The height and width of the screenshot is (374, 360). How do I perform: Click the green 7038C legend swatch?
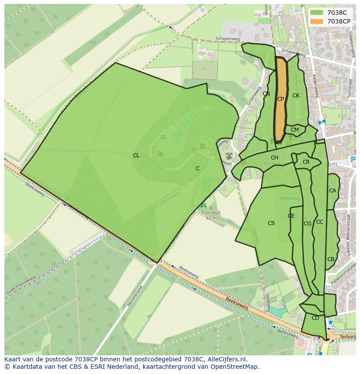[317, 13]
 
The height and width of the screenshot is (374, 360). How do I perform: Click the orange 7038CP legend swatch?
[317, 21]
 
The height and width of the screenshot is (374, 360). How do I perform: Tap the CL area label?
[136, 156]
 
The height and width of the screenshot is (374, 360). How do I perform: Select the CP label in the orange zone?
[280, 99]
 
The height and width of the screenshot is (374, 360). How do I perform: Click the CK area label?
[296, 96]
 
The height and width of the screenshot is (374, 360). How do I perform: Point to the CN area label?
[266, 94]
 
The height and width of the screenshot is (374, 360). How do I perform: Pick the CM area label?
[295, 130]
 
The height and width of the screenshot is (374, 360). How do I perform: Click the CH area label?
[274, 158]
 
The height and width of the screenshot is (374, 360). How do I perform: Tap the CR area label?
[306, 162]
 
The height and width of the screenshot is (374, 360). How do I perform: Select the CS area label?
[271, 223]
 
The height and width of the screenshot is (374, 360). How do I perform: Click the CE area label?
[291, 216]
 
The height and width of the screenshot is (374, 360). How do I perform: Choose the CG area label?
[307, 224]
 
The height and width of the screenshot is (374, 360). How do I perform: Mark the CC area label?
[320, 222]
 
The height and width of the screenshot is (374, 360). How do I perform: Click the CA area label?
[333, 191]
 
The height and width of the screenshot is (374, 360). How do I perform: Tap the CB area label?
[331, 259]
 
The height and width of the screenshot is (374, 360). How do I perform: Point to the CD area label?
[315, 318]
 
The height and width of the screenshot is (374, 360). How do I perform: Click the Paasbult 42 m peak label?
[211, 215]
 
